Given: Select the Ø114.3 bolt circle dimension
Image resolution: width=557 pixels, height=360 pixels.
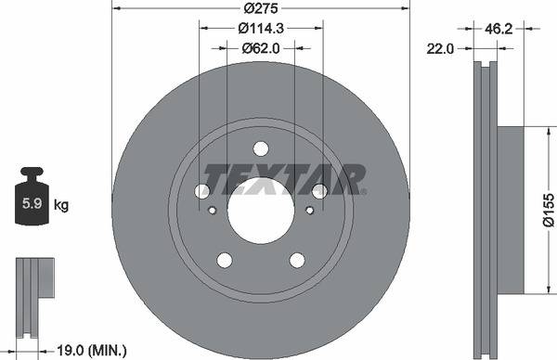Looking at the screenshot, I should [261, 30].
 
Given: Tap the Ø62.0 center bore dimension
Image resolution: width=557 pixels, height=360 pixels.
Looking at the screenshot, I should [261, 48].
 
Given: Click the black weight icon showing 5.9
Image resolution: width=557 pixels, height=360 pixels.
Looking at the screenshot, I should [31, 198].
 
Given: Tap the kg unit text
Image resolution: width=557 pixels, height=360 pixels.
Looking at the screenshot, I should [61, 202].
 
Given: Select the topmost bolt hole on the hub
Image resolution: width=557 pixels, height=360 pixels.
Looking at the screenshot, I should [261, 148].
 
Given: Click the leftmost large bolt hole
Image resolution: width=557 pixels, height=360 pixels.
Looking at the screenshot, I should [201, 191].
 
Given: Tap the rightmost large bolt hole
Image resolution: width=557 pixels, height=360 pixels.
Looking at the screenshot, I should [320, 191].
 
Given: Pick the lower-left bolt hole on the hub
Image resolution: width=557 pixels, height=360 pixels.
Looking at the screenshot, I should [224, 261].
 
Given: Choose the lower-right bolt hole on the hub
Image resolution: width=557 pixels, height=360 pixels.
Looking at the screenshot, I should [297, 261].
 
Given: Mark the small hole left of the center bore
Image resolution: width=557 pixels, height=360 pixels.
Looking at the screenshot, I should [213, 210].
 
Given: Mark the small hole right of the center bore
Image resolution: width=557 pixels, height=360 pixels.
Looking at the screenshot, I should [308, 210].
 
